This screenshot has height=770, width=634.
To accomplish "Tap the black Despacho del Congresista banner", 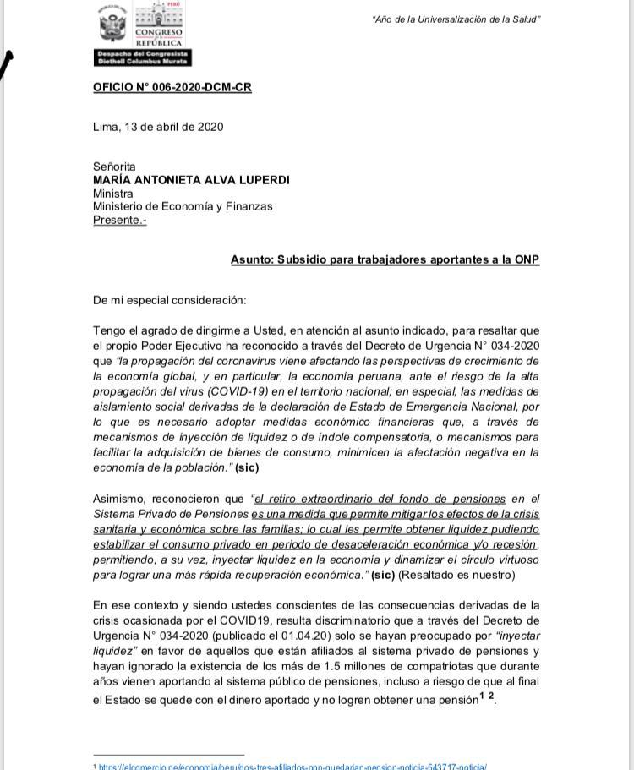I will point(143,57).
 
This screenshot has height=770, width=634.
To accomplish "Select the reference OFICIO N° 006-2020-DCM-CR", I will point(172,87).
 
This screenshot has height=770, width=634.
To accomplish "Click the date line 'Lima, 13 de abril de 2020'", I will point(158,127).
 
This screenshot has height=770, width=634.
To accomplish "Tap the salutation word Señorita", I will point(114,167).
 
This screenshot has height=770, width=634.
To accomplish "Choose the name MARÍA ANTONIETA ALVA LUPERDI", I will point(191,180).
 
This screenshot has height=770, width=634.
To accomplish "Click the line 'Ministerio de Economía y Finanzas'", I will point(183,206).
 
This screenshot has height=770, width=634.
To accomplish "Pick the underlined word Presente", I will point(119,220).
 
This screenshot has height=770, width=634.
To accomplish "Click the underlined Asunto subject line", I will point(385,259).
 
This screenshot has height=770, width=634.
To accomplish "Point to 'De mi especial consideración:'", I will point(170,300).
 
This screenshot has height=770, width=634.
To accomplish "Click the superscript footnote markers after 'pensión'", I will point(487,696).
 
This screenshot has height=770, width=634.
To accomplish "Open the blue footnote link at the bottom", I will point(292,766).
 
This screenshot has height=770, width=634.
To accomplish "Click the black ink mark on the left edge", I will point(7,63).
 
